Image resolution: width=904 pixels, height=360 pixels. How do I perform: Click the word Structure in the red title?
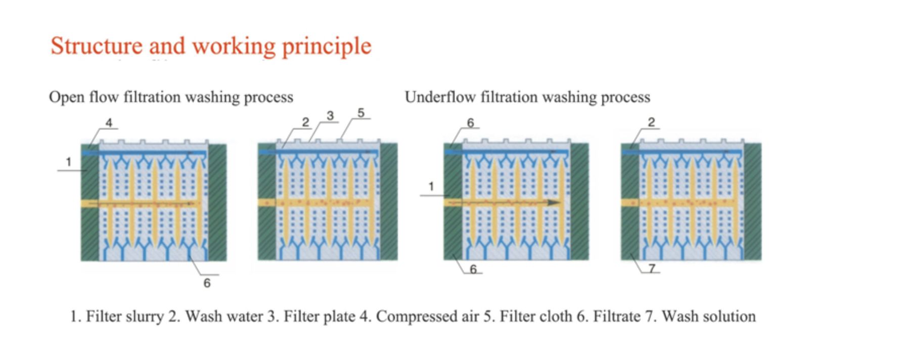click(x=97, y=46)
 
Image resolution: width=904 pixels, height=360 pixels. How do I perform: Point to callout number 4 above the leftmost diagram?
click(x=109, y=123)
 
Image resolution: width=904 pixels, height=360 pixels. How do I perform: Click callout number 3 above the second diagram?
click(x=330, y=116)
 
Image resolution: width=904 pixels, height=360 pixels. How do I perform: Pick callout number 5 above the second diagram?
click(x=360, y=113)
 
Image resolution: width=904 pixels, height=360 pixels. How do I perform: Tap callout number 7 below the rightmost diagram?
click(x=652, y=268)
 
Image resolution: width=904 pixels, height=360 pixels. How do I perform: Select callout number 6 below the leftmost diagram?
click(x=207, y=283)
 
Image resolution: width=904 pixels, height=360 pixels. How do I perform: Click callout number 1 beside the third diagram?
click(x=431, y=187)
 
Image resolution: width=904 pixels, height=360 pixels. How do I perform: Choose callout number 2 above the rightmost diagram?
click(x=651, y=122)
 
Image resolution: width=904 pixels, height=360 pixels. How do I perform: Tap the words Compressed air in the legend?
click(x=427, y=317)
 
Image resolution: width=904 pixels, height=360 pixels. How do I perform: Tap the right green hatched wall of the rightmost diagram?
click(x=752, y=202)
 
